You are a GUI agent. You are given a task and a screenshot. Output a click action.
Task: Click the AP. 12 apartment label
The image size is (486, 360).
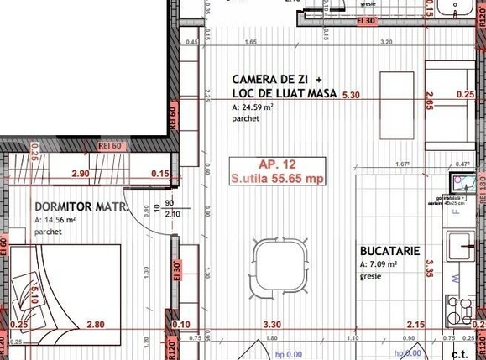277,164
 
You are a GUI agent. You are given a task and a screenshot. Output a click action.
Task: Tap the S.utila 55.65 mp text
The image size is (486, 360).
277,179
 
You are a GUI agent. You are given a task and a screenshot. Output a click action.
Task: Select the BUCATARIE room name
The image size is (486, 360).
389,251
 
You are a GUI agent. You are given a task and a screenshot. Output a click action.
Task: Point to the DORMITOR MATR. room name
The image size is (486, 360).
81,206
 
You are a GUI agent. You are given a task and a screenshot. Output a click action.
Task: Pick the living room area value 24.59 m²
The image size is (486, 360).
253,107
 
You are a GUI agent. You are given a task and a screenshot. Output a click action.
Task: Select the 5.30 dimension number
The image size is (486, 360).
351,96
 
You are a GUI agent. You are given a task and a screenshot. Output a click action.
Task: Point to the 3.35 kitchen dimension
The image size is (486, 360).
429,269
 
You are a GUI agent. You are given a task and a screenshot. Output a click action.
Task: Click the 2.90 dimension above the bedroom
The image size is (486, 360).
81,174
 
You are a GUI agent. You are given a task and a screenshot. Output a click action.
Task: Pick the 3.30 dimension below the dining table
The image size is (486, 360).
272,324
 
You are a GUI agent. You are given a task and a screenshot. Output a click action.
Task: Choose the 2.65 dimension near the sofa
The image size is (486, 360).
429,104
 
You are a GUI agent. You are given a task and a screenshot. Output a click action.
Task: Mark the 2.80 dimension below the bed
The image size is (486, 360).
95,324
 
